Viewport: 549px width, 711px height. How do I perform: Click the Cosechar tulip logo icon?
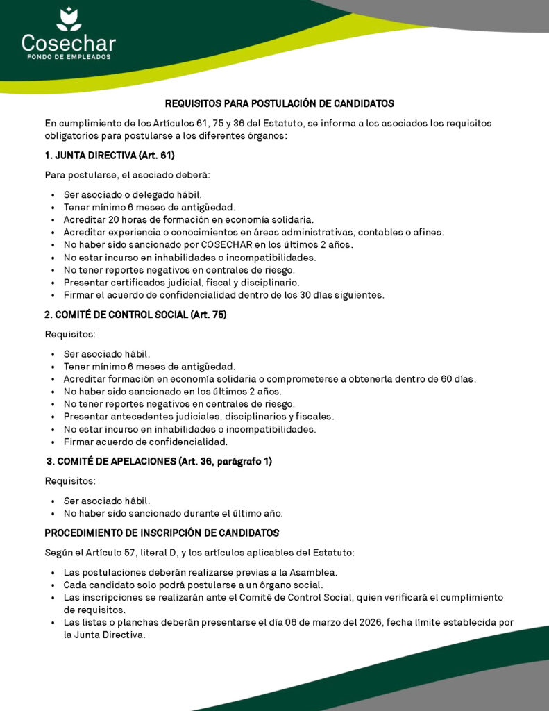coord(68,19)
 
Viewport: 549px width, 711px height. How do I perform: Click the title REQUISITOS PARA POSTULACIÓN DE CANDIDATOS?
coord(279,103)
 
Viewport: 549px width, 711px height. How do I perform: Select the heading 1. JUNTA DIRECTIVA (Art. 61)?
coord(109,155)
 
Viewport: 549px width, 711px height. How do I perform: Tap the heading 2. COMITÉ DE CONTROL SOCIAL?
coord(135,315)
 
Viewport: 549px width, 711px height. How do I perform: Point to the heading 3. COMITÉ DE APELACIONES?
coord(159,461)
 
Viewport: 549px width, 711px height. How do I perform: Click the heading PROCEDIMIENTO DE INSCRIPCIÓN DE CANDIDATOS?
coord(162,533)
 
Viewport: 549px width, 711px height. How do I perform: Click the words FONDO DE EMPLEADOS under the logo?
coord(68,57)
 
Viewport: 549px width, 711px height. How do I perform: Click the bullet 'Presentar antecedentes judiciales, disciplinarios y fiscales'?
coord(199,417)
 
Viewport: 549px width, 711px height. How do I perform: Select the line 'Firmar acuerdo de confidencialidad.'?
coord(146,442)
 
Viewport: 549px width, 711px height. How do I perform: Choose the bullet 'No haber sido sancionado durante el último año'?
coord(174,514)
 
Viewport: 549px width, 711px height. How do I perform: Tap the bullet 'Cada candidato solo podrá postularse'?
coord(193,585)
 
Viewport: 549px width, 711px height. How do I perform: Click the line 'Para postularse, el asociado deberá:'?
coord(122,175)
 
